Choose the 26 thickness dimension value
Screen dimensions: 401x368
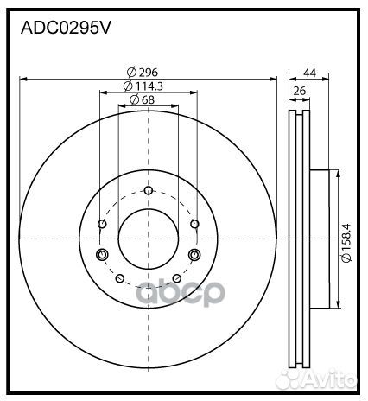(299, 90)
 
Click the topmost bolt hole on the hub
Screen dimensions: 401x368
(148, 191)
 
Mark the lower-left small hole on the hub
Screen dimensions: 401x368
(119, 278)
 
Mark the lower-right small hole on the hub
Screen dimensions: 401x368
(176, 278)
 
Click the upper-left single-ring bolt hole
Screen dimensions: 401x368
(103, 226)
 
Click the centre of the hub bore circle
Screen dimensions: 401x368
(148, 239)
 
